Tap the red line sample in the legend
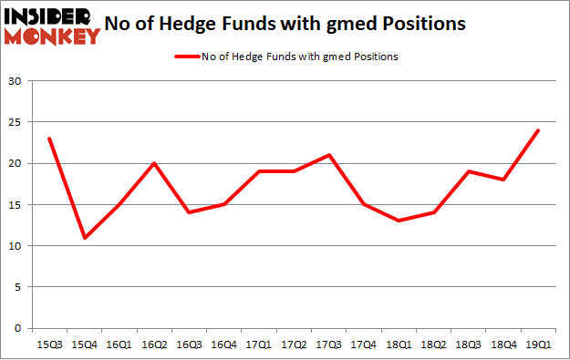(189, 57)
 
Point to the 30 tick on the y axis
(17, 82)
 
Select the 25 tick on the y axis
(17, 123)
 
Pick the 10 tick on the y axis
(17, 246)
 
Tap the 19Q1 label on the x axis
(538, 344)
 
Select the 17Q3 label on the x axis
(328, 344)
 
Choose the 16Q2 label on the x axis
(153, 344)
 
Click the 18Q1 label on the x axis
(399, 344)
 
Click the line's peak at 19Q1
(538, 130)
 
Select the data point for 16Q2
(153, 164)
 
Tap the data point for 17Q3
(328, 155)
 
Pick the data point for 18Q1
(399, 221)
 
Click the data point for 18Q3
(468, 171)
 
